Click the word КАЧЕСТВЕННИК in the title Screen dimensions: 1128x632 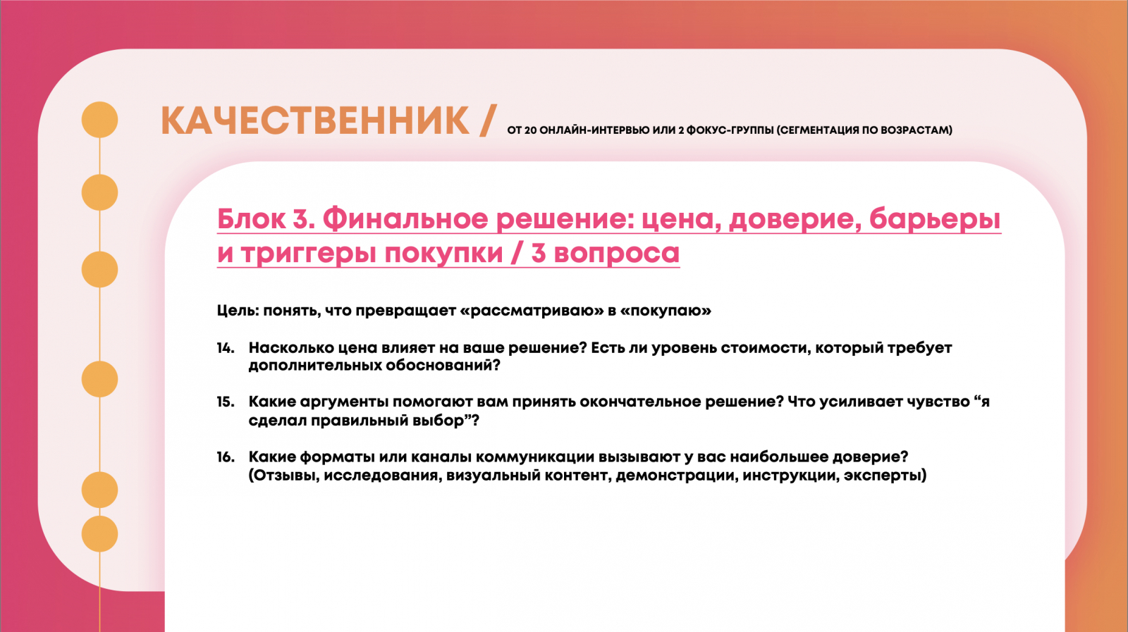[x=315, y=120]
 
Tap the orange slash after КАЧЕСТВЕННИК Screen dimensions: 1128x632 [x=488, y=120]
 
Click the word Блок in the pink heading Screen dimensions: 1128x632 [x=252, y=219]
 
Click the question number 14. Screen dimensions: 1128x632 [x=226, y=348]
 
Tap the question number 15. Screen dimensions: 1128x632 [x=226, y=402]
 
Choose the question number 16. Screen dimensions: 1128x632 [x=226, y=457]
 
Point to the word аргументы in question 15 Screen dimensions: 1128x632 [x=344, y=402]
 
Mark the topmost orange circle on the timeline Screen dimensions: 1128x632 [x=99, y=120]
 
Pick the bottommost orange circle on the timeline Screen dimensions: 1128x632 [x=99, y=534]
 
